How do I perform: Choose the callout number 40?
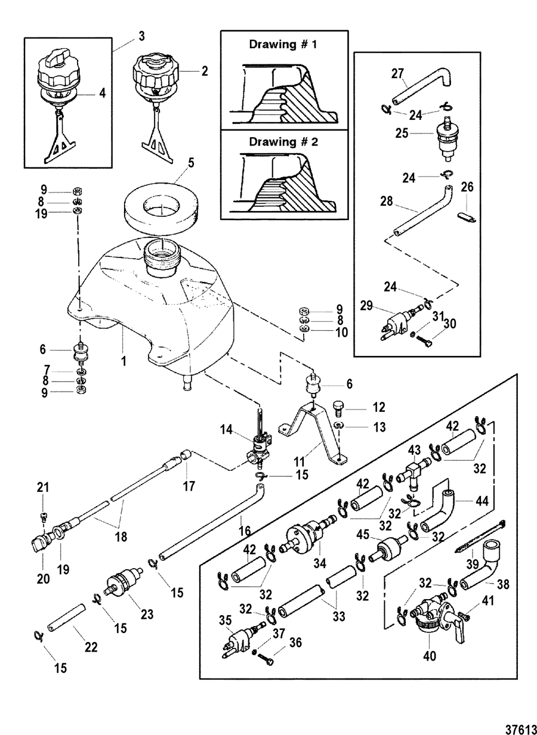(429, 656)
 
